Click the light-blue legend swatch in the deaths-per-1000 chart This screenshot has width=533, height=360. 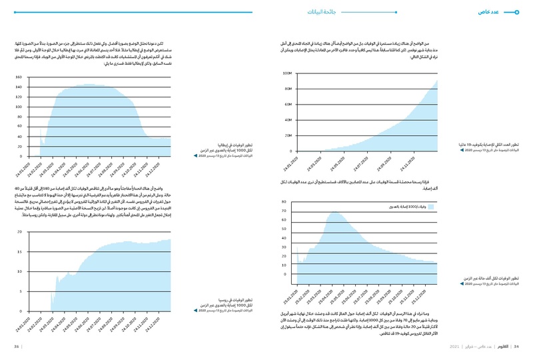[x=431, y=208]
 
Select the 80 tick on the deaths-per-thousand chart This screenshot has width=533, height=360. [x=284, y=201]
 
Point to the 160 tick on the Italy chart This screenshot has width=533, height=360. [x=18, y=77]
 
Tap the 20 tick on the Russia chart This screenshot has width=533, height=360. [x=20, y=232]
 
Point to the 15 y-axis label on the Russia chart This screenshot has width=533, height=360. [x=20, y=252]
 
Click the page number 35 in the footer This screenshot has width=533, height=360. [x=16, y=346]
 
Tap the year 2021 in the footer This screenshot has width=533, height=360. [x=455, y=346]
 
